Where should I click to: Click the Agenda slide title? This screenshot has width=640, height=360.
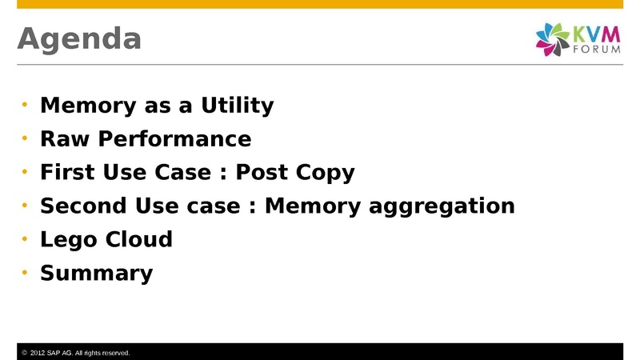(79, 39)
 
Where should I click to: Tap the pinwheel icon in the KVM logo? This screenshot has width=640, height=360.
(552, 39)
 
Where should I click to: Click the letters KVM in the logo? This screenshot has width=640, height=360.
(596, 34)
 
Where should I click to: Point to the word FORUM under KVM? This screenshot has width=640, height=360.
(597, 50)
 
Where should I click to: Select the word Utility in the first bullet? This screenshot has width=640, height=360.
(237, 106)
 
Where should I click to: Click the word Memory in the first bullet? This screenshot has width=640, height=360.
(88, 106)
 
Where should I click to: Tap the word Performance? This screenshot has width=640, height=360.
(174, 139)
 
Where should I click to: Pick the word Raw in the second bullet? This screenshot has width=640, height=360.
(65, 138)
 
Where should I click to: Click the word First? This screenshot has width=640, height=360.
(67, 172)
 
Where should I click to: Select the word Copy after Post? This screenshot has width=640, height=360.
(325, 173)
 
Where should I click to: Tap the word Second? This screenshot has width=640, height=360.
(83, 206)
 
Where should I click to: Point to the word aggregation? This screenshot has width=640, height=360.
(442, 206)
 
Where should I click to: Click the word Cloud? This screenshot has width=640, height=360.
(139, 239)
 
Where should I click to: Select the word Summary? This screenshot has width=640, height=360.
(96, 273)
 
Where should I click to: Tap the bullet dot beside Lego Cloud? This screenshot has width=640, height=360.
(25, 238)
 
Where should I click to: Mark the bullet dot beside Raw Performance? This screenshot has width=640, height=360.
(25, 138)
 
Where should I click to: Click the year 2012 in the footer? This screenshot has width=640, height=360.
(38, 353)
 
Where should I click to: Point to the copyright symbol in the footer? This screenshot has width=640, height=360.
(25, 353)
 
